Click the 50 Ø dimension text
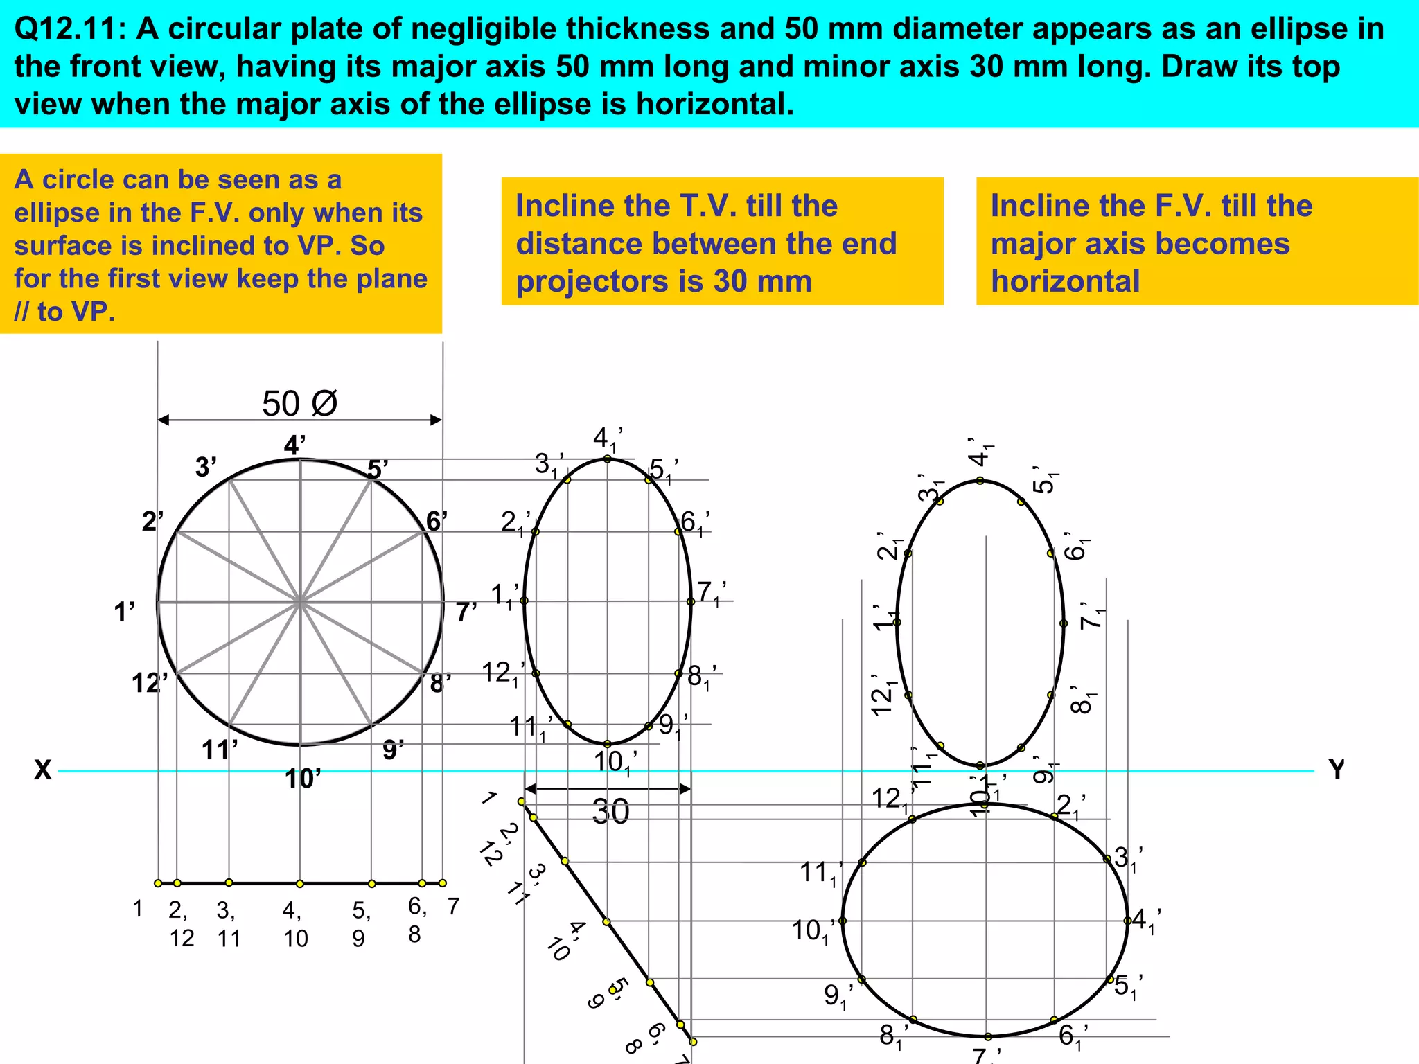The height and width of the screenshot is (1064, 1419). [x=299, y=404]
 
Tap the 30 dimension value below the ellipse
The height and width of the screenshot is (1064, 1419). [x=610, y=811]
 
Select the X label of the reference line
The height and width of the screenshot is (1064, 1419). [x=43, y=770]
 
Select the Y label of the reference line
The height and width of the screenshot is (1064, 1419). [x=1337, y=770]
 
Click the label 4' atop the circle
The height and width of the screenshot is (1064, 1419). [x=294, y=445]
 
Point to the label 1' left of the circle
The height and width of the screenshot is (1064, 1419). [x=124, y=612]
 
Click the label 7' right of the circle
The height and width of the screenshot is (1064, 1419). [x=466, y=612]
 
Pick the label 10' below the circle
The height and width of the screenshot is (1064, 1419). [x=303, y=779]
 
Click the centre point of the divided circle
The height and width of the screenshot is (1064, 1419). [x=300, y=603]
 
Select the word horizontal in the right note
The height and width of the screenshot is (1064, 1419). [x=1065, y=282]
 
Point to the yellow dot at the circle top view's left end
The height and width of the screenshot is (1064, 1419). [x=158, y=883]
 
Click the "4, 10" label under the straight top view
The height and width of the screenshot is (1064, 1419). [x=295, y=924]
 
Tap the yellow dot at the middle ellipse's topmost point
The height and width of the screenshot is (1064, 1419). [x=607, y=459]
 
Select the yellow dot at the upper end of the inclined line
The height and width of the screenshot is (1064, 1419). [x=521, y=801]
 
